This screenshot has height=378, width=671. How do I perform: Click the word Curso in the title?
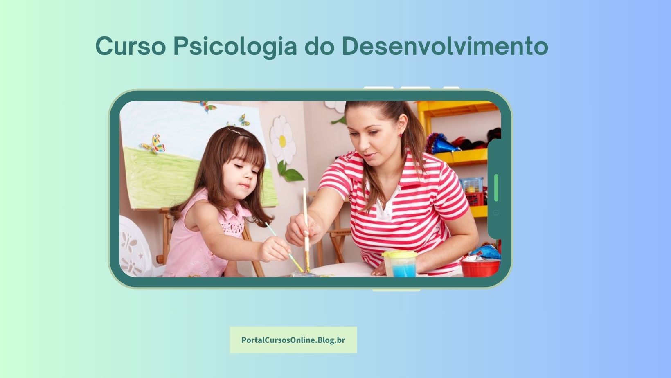(131, 46)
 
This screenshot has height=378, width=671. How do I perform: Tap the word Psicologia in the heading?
(235, 47)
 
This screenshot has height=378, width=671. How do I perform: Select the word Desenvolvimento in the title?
(445, 46)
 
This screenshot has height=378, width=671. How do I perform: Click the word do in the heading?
(320, 46)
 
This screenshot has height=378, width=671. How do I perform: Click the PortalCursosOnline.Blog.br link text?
(293, 340)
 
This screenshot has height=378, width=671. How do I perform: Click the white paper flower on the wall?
(282, 139)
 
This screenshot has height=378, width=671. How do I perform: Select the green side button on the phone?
(496, 188)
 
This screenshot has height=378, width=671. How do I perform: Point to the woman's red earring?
(401, 135)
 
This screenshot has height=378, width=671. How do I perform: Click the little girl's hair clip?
(235, 131)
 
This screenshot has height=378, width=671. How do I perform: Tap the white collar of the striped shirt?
(385, 209)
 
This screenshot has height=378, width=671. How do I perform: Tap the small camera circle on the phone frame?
(496, 213)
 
